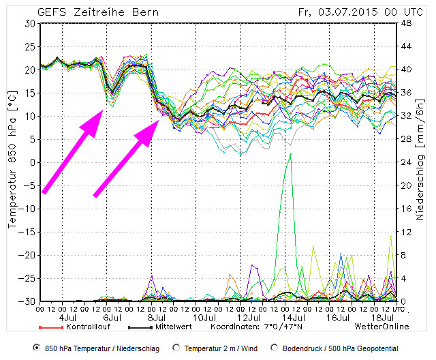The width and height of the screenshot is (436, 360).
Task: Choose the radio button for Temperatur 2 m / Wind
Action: (x=176, y=348)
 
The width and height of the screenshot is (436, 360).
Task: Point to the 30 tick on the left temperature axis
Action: (x=29, y=23)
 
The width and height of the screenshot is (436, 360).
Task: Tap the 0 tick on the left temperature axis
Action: (x=32, y=162)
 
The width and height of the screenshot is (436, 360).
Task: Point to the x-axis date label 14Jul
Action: (x=294, y=317)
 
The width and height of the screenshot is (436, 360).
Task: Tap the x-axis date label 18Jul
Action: (x=383, y=317)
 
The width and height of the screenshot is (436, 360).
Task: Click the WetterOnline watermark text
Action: (x=381, y=327)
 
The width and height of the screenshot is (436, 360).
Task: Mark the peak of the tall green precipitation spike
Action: (x=291, y=154)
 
